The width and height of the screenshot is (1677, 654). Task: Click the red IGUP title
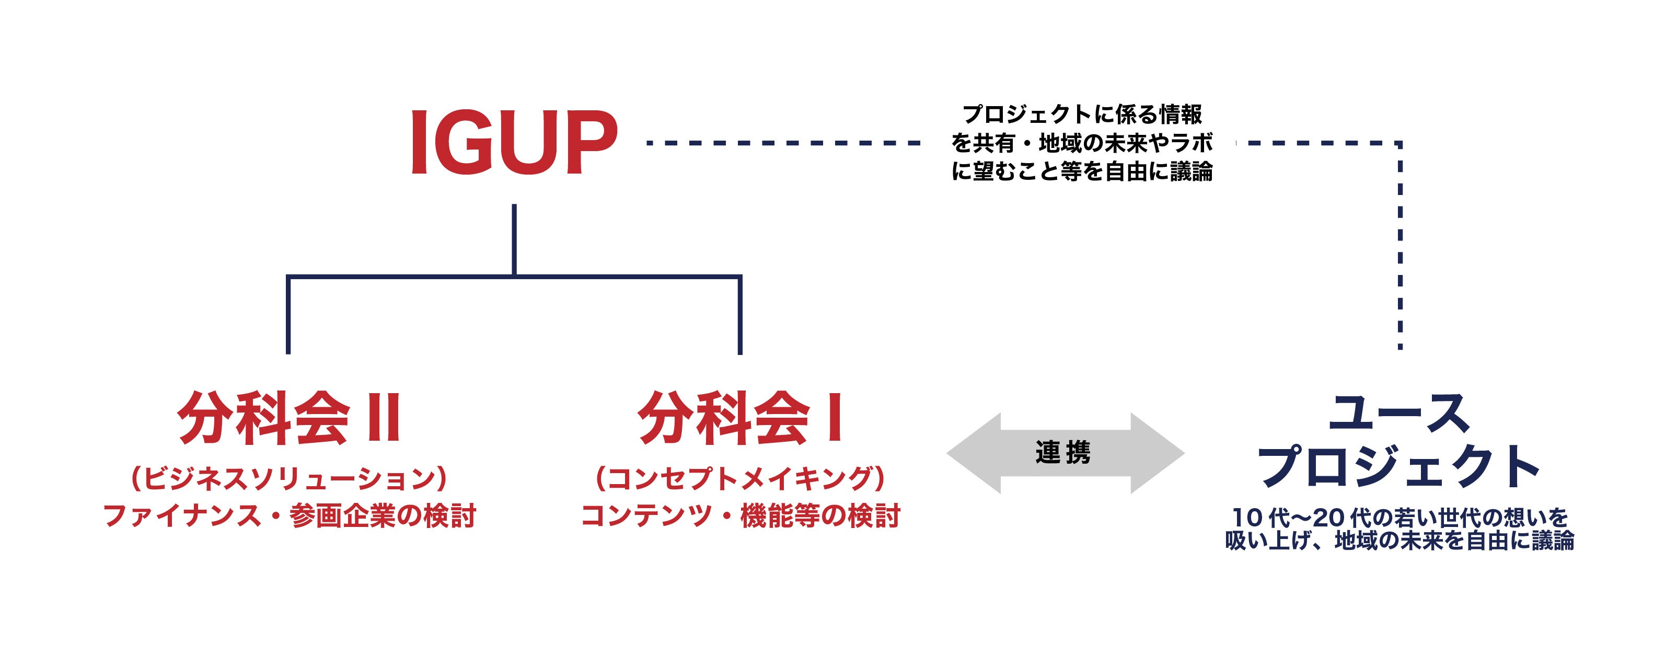pos(514,143)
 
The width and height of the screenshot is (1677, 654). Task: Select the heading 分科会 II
pos(289,418)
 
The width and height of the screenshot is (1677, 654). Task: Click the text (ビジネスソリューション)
pos(289,479)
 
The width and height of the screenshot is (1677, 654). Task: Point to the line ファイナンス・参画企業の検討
pos(289,517)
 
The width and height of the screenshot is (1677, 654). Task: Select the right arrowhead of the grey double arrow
pos(1159,453)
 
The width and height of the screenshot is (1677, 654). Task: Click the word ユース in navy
pos(1399,414)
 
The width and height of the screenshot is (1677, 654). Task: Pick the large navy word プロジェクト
pos(1399,466)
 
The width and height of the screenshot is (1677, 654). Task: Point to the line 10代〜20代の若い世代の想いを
pos(1399,519)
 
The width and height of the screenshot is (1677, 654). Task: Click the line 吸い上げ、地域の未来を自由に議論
pos(1399,541)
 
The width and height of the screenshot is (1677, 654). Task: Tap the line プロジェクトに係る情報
pos(1082,114)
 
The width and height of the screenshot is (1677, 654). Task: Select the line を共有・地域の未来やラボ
pos(1082,143)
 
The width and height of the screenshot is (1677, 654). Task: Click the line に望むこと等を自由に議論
pos(1082,171)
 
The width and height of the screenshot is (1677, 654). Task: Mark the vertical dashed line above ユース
pos(1400,247)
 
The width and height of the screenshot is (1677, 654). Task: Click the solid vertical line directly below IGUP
pos(514,240)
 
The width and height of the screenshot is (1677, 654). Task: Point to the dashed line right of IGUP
pos(781,143)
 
